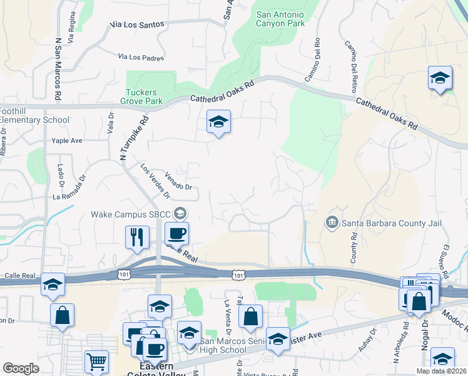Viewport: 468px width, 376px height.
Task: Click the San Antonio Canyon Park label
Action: tap(280, 18)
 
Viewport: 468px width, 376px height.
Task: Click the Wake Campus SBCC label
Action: tap(131, 214)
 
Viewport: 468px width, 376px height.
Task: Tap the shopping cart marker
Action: tap(96, 362)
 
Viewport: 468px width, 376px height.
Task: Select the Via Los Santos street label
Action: tap(137, 24)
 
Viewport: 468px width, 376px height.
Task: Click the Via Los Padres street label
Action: tap(141, 57)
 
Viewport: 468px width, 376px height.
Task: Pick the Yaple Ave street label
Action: tap(67, 140)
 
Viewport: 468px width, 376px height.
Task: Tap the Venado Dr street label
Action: tap(178, 181)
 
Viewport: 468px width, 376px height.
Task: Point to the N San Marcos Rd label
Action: tap(58, 69)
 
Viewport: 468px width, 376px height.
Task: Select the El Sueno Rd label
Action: tap(445, 261)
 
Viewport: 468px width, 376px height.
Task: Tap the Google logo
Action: tap(21, 368)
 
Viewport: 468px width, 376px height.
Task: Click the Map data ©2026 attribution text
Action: tap(442, 371)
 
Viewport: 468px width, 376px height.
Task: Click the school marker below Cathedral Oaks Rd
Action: tap(218, 122)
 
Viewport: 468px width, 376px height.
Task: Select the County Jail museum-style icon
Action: tap(331, 222)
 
